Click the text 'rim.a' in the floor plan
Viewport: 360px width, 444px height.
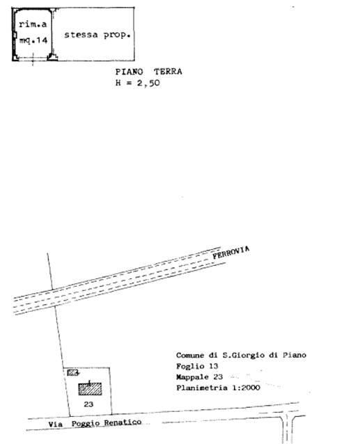click(x=33, y=24)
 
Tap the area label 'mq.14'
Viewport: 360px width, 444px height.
click(x=33, y=40)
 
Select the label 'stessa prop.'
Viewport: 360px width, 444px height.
click(x=97, y=35)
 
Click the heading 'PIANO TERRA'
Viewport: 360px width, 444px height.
click(x=148, y=72)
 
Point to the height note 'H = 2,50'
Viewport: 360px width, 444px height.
click(x=137, y=83)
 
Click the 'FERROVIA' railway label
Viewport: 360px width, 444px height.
click(x=231, y=253)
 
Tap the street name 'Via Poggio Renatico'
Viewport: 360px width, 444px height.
click(x=95, y=423)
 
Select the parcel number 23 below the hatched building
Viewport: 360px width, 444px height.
click(x=88, y=404)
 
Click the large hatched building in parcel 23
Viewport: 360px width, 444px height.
click(x=90, y=389)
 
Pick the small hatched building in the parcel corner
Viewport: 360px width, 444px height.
click(x=72, y=372)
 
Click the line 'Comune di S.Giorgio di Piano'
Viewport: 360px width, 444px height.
click(x=241, y=355)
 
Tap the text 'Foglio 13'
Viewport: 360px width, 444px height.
click(x=197, y=366)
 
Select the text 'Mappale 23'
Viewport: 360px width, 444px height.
click(x=199, y=377)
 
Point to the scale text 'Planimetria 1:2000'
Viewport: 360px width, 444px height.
click(x=218, y=388)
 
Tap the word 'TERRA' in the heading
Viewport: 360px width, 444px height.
click(x=168, y=72)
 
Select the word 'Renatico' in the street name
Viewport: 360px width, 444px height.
click(x=123, y=422)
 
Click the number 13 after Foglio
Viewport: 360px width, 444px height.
click(x=214, y=366)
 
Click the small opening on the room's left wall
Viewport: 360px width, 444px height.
click(x=15, y=35)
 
